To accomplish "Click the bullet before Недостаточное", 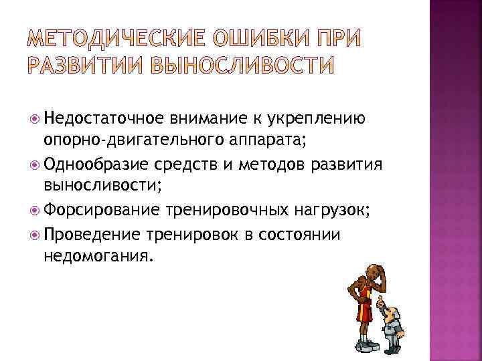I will [x=35, y=118].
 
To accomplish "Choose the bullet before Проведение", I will [x=35, y=234].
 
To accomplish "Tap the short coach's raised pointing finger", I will [x=379, y=300].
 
